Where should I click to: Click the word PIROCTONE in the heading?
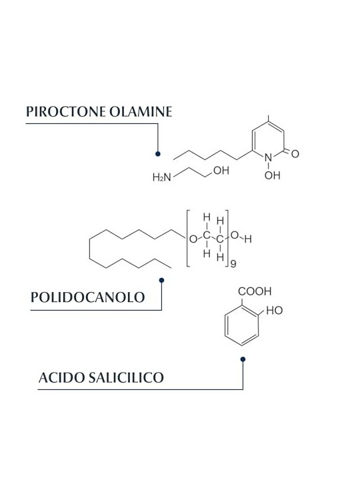pyautogui.click(x=66, y=111)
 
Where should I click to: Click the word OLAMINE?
pyautogui.click(x=141, y=111)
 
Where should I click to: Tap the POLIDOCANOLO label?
pyautogui.click(x=87, y=297)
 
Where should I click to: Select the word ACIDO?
pyautogui.click(x=61, y=377)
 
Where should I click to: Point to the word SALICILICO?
pyautogui.click(x=126, y=377)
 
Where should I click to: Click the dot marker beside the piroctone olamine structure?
pyautogui.click(x=157, y=154)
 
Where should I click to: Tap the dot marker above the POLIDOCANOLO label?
pyautogui.click(x=161, y=280)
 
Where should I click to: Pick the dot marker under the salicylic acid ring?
pyautogui.click(x=243, y=359)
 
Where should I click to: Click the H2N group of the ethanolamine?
pyautogui.click(x=162, y=177)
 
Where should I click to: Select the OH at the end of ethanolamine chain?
pyautogui.click(x=221, y=171)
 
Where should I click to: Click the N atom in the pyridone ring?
pyautogui.click(x=268, y=157)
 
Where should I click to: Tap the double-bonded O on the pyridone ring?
pyautogui.click(x=295, y=154)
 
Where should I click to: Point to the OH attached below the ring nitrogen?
pyautogui.click(x=273, y=175)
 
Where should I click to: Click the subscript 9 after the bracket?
pyautogui.click(x=233, y=264)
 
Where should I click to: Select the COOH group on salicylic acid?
pyautogui.click(x=255, y=291)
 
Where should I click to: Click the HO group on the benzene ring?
pyautogui.click(x=274, y=311)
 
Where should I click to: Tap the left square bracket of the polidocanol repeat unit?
pyautogui.click(x=188, y=239)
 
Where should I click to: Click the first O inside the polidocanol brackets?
pyautogui.click(x=193, y=239)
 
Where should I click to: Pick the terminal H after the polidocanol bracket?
pyautogui.click(x=248, y=239)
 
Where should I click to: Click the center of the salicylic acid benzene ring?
pyautogui.click(x=242, y=326)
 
